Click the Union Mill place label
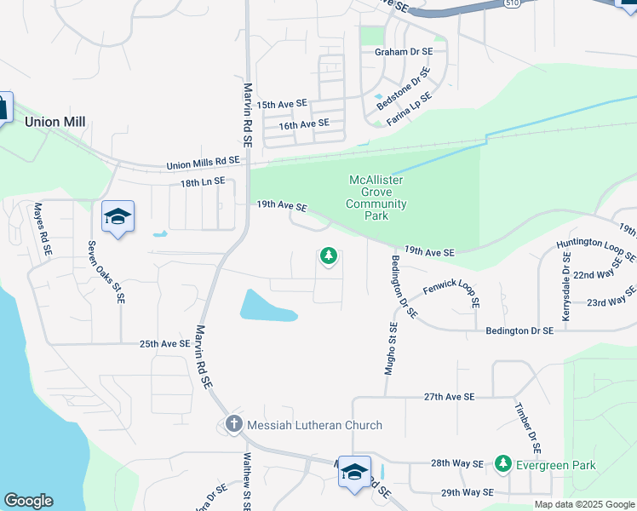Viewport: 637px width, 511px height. tap(55, 122)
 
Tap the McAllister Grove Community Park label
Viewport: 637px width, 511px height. tap(376, 198)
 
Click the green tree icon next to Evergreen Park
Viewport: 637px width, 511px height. tap(503, 464)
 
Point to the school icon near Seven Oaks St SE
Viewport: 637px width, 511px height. tap(118, 216)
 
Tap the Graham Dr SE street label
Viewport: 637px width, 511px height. tap(404, 52)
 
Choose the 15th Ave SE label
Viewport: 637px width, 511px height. tap(281, 104)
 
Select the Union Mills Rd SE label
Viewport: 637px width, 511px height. tap(204, 162)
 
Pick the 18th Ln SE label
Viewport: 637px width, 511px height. tap(202, 181)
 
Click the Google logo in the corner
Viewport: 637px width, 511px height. tap(29, 501)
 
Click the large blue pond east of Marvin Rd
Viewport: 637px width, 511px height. tap(266, 306)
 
